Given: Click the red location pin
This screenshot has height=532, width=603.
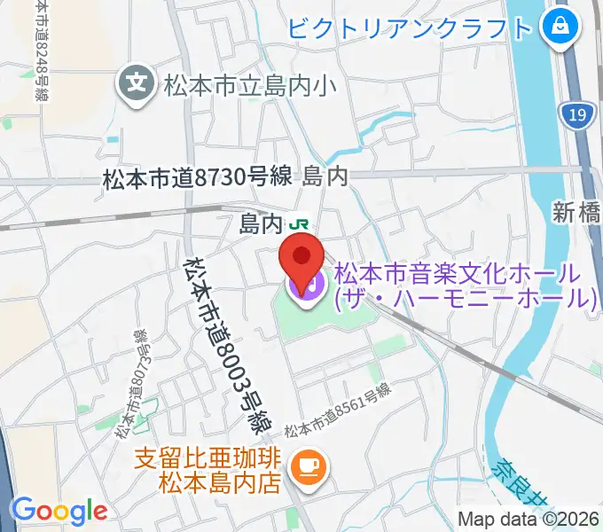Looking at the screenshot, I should [301, 256].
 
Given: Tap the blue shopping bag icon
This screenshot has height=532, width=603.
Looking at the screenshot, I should [560, 26].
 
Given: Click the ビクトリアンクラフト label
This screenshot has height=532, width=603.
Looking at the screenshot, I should [410, 27].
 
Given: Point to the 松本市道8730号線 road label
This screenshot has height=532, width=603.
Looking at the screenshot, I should [197, 177].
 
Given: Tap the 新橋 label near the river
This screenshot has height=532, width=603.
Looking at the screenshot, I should [576, 212].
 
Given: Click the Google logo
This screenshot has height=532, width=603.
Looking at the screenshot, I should [59, 510].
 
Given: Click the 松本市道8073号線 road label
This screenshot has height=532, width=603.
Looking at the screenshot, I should [130, 384].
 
